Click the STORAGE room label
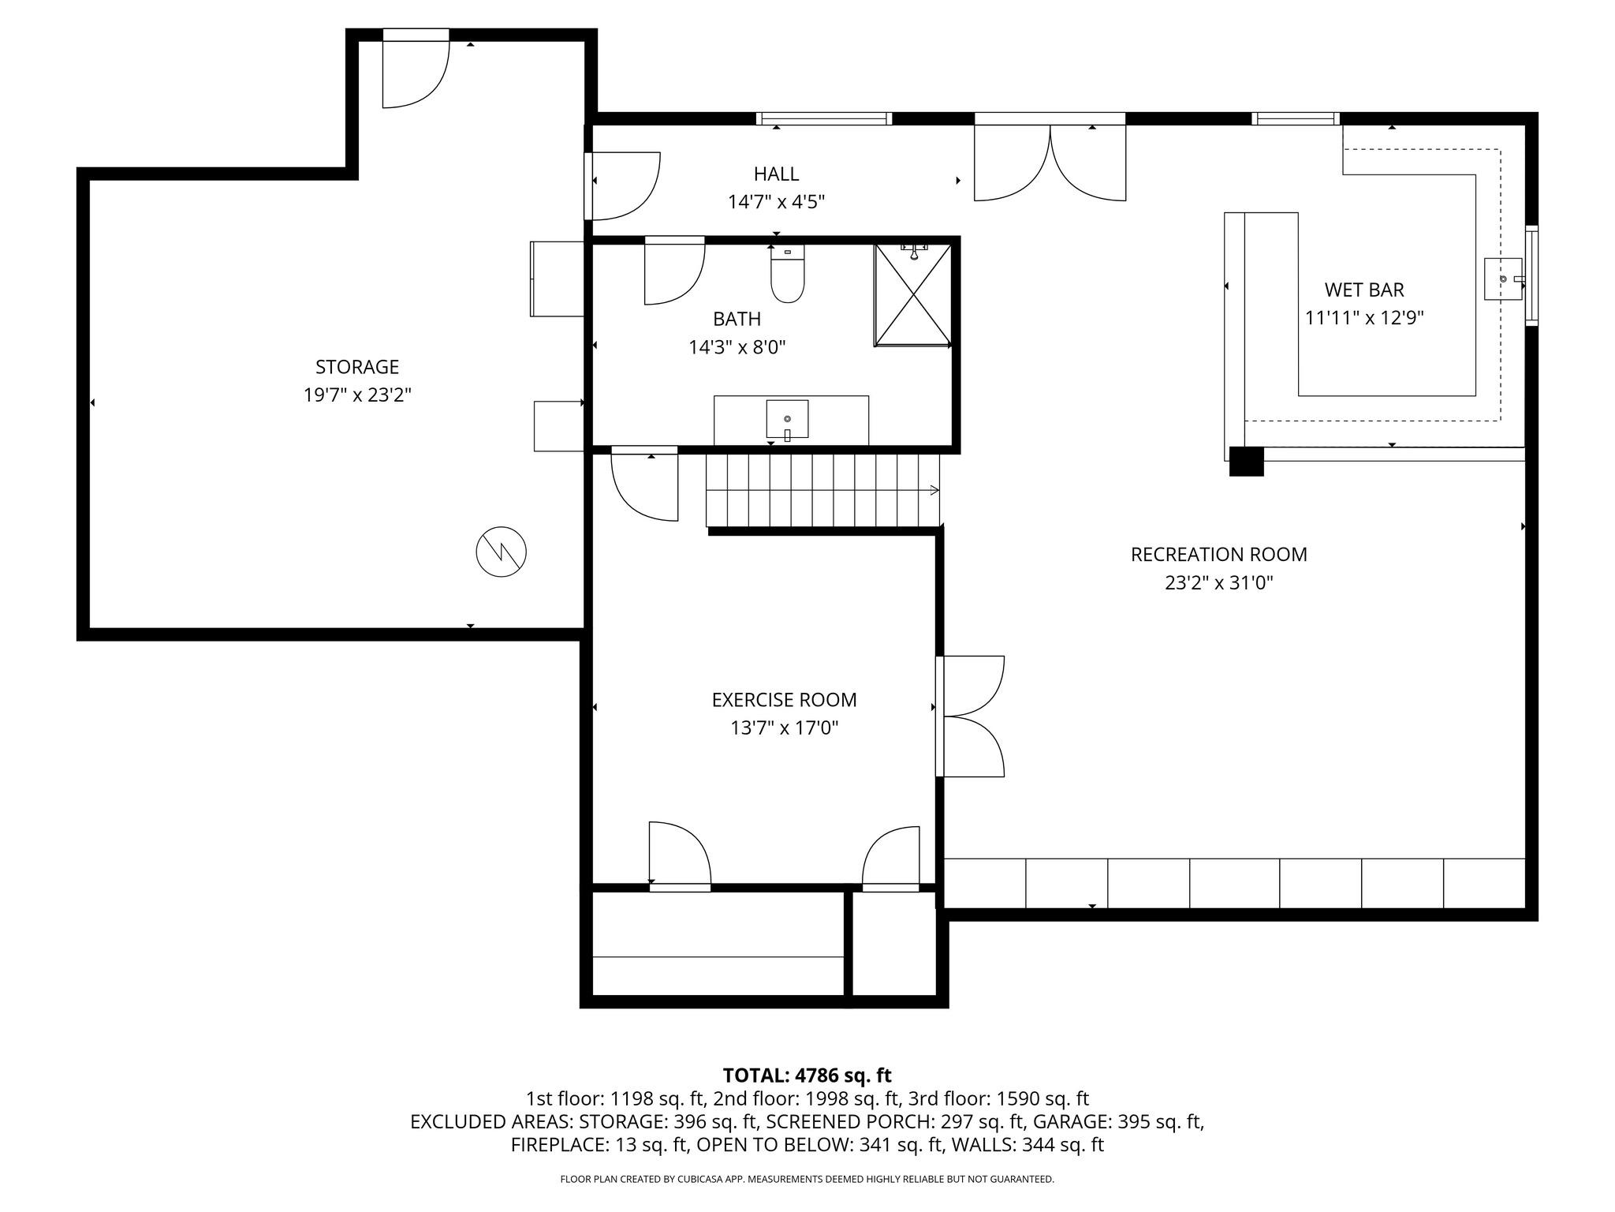click(357, 367)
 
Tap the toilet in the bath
click(787, 276)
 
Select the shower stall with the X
click(912, 295)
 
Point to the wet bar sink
click(1503, 279)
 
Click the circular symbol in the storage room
click(502, 551)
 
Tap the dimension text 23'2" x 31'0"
click(1218, 583)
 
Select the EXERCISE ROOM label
click(784, 700)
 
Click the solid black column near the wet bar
click(1246, 462)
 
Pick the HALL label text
click(776, 174)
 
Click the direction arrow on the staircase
click(934, 490)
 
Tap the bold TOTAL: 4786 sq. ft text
click(807, 1075)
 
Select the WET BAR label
click(1363, 290)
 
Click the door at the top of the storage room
click(415, 71)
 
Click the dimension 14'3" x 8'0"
click(737, 347)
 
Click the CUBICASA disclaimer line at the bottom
click(807, 1179)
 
